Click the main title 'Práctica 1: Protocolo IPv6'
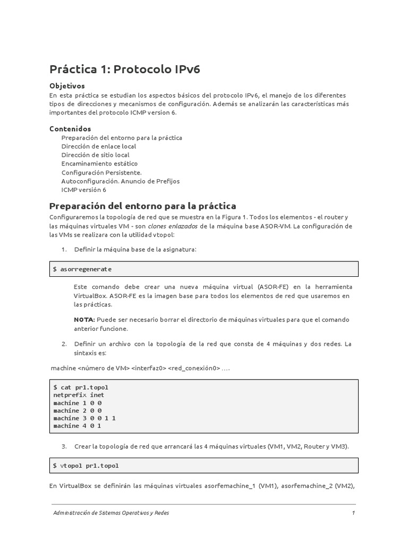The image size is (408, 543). pyautogui.click(x=125, y=69)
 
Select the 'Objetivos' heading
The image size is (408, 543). pyautogui.click(x=67, y=86)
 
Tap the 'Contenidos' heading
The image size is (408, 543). pyautogui.click(x=70, y=129)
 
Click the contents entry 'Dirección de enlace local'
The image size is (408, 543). pyautogui.click(x=98, y=146)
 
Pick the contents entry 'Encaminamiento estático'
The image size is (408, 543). pyautogui.click(x=99, y=164)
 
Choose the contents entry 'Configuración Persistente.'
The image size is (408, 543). pyautogui.click(x=101, y=172)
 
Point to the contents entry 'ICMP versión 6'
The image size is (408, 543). pyautogui.click(x=83, y=190)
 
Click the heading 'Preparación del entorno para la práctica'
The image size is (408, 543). pyautogui.click(x=142, y=206)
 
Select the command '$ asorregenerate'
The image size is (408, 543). pyautogui.click(x=82, y=269)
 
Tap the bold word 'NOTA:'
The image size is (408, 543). pyautogui.click(x=84, y=320)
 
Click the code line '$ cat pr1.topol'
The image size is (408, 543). pyautogui.click(x=81, y=388)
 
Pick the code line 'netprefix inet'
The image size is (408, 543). pyautogui.click(x=79, y=395)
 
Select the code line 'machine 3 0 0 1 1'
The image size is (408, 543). pyautogui.click(x=84, y=418)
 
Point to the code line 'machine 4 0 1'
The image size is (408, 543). pyautogui.click(x=77, y=425)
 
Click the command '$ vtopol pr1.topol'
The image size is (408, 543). pyautogui.click(x=86, y=466)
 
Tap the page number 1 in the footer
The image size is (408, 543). pyautogui.click(x=353, y=513)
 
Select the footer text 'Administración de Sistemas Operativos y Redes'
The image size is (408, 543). pyautogui.click(x=111, y=513)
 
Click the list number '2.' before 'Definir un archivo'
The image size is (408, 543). pyautogui.click(x=64, y=344)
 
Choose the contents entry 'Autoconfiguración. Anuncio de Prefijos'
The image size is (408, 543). pyautogui.click(x=121, y=181)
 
